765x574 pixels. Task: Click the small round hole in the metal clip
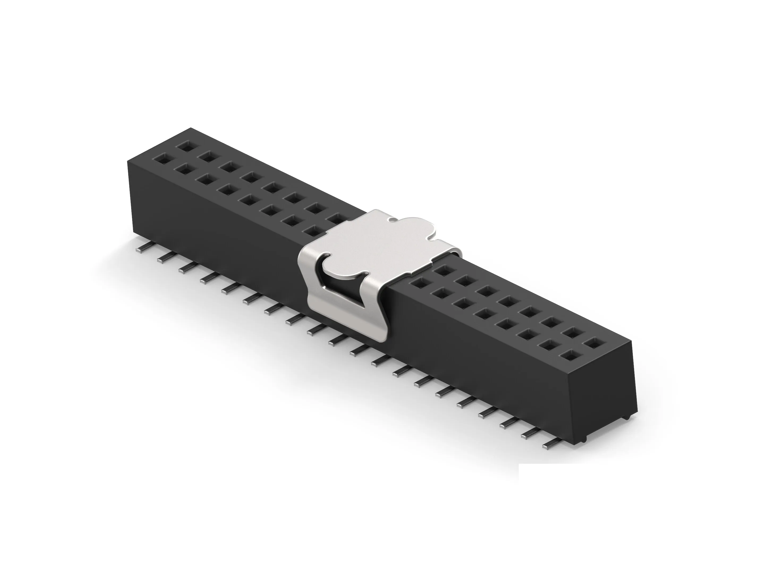pyautogui.click(x=392, y=219)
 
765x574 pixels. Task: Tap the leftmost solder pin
pyautogui.click(x=143, y=248)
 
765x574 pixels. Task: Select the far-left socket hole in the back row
pyautogui.click(x=185, y=146)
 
